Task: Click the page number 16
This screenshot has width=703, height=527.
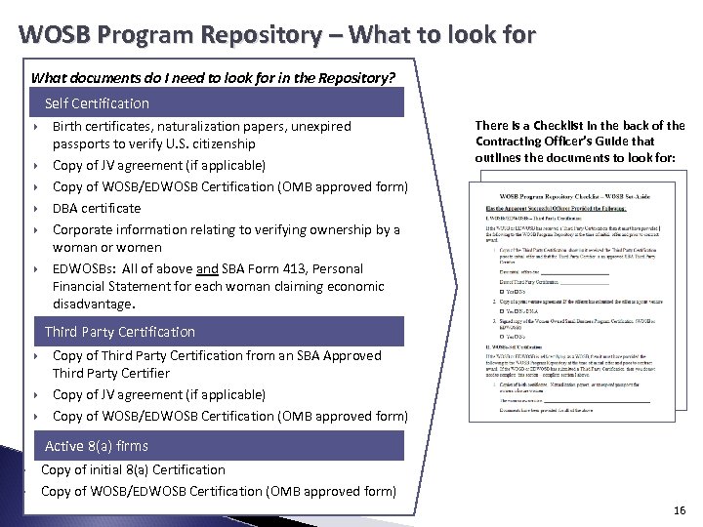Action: click(680, 510)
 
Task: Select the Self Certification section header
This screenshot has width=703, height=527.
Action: click(97, 102)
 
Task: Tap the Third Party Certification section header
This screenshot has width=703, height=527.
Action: click(119, 332)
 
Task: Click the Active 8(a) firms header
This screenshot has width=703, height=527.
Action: click(97, 446)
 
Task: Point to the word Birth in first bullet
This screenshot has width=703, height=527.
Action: click(68, 126)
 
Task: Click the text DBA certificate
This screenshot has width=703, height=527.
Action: click(97, 208)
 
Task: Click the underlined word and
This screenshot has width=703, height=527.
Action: click(207, 268)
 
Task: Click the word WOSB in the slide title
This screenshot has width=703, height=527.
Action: click(55, 36)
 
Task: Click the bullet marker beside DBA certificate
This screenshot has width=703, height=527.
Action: click(35, 209)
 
